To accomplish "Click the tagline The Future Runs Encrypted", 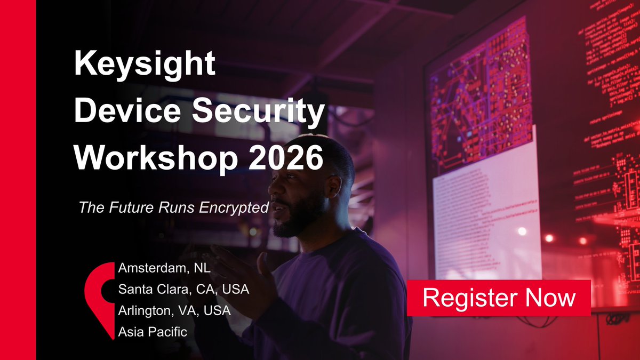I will [x=173, y=207].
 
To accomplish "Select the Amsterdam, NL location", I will [x=164, y=268].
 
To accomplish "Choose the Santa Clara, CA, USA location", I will [x=183, y=290].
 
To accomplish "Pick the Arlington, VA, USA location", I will [x=174, y=310].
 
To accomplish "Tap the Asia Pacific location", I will [x=153, y=332].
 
